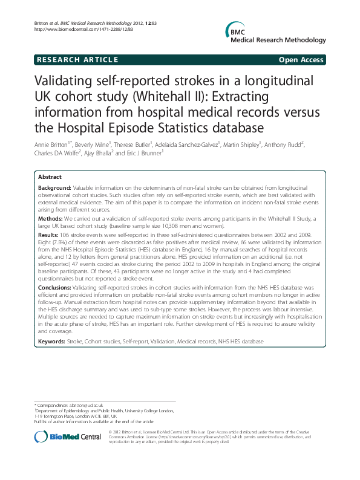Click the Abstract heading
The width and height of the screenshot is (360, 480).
click(x=50, y=177)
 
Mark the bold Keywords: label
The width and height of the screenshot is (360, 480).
click(x=53, y=342)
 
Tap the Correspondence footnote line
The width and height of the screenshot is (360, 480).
click(x=70, y=404)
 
